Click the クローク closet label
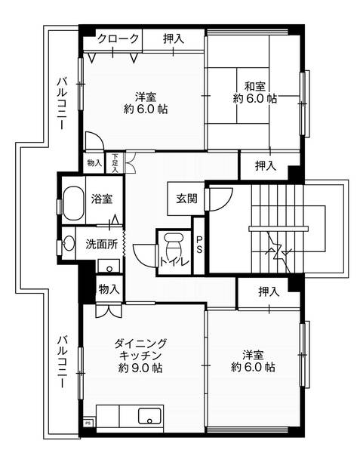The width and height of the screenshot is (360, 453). click(x=118, y=39)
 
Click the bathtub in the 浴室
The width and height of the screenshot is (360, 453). click(x=73, y=202)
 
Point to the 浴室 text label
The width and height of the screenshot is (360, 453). click(x=102, y=200)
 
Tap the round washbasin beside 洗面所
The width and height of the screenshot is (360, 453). click(x=69, y=243)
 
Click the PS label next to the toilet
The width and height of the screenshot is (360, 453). click(x=198, y=245)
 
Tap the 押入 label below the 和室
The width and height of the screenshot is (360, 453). click(x=265, y=165)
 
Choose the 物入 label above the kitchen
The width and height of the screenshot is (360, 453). click(x=109, y=288)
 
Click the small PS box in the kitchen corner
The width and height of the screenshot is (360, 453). click(x=88, y=424)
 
